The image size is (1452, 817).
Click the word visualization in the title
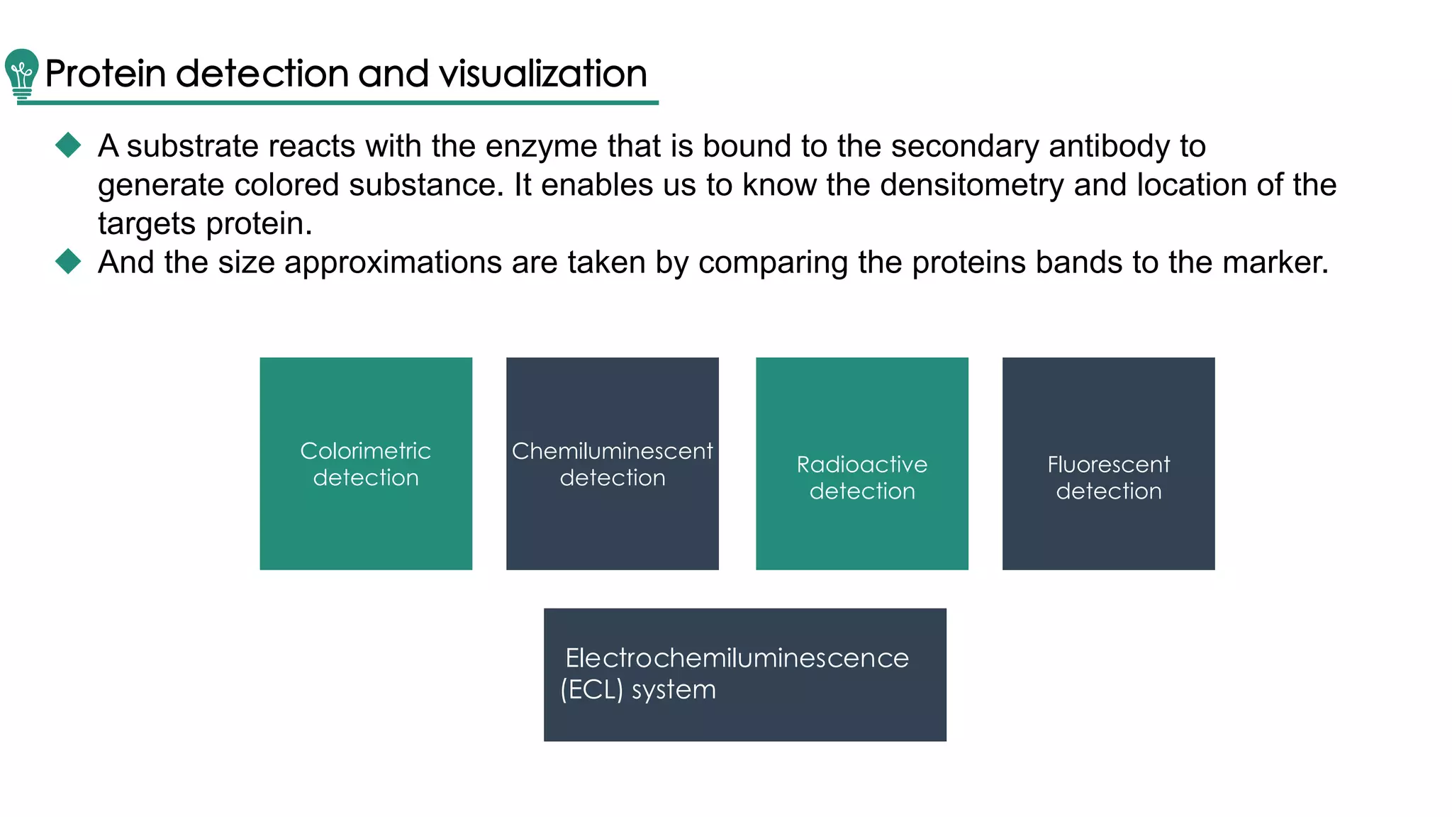542,74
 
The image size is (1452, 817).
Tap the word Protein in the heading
105,74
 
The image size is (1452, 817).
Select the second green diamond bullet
68,261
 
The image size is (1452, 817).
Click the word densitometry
971,185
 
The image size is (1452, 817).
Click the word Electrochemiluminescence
737,658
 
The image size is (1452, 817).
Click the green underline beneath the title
337,103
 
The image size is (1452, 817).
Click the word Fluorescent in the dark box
1108,465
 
